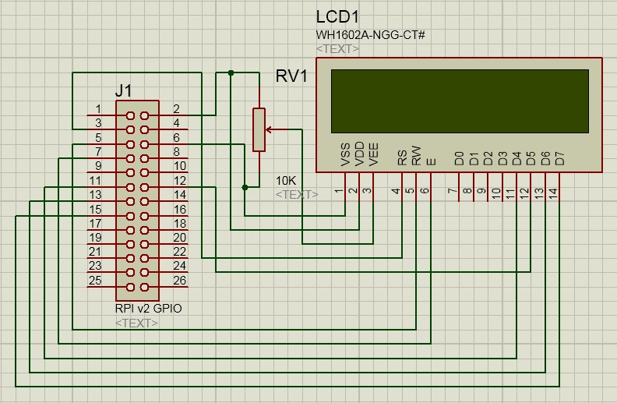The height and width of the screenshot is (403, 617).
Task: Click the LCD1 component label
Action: [x=339, y=17]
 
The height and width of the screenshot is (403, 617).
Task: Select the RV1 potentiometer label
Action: [x=291, y=76]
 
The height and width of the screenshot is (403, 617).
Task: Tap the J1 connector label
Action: [x=123, y=91]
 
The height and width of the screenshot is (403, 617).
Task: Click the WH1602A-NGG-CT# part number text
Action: [x=369, y=35]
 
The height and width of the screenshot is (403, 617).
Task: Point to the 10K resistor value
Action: [x=286, y=181]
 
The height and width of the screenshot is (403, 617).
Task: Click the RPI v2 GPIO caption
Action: [x=148, y=309]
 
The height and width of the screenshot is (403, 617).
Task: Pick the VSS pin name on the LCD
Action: [x=346, y=155]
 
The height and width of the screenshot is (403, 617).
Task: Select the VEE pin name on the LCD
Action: [x=373, y=155]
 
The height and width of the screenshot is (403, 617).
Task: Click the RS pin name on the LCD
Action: [x=402, y=158]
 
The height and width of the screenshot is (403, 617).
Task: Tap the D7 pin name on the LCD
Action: [x=558, y=158]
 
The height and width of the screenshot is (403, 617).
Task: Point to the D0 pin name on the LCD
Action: [x=459, y=158]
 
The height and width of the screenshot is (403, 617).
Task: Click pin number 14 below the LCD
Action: [x=553, y=192]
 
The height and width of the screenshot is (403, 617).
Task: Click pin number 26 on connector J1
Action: [x=180, y=281]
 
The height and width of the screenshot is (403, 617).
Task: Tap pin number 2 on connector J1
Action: [x=176, y=109]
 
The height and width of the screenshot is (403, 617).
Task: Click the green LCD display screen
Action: [x=460, y=101]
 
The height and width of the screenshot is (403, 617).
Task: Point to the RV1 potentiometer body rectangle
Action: [x=259, y=129]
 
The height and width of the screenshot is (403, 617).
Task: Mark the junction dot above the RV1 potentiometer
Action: [x=231, y=72]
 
